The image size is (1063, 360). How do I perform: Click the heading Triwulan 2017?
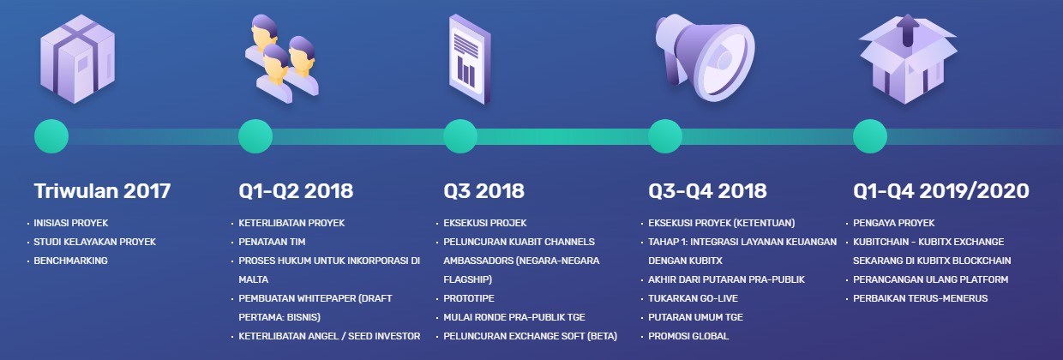[x=102, y=191]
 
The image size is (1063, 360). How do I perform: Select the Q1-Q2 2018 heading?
[x=296, y=191]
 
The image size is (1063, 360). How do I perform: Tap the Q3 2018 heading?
[x=483, y=191]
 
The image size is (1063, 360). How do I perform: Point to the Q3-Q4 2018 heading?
[x=707, y=191]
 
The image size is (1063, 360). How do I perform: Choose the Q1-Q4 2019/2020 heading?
[x=941, y=191]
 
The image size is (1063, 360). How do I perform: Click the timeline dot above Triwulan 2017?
[x=51, y=136]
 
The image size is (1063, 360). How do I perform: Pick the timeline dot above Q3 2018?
[x=460, y=136]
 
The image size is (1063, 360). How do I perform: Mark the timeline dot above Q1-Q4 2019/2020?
[x=870, y=136]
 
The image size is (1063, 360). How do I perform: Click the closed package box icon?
[x=77, y=59]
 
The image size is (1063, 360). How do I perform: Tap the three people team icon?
[x=282, y=59]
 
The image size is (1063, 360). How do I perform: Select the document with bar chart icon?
[x=470, y=59]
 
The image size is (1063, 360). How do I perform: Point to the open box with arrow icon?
[x=908, y=59]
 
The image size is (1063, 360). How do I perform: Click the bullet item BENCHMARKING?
[x=70, y=261]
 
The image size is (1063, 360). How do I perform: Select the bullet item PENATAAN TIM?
[x=272, y=242]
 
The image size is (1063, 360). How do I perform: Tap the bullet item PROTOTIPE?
[x=469, y=298]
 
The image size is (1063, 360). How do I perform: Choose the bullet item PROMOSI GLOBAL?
[x=688, y=336]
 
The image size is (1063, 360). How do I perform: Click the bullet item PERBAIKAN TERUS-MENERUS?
[x=920, y=298]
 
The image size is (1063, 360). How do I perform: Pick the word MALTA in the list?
[x=254, y=279]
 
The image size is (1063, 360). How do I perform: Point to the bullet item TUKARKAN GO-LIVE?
[x=693, y=298]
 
